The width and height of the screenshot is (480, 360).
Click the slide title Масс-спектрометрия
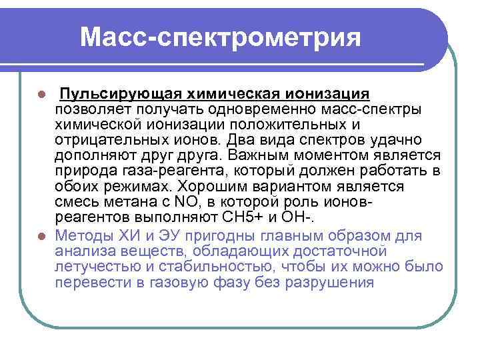221,37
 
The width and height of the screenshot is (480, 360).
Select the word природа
85,171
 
